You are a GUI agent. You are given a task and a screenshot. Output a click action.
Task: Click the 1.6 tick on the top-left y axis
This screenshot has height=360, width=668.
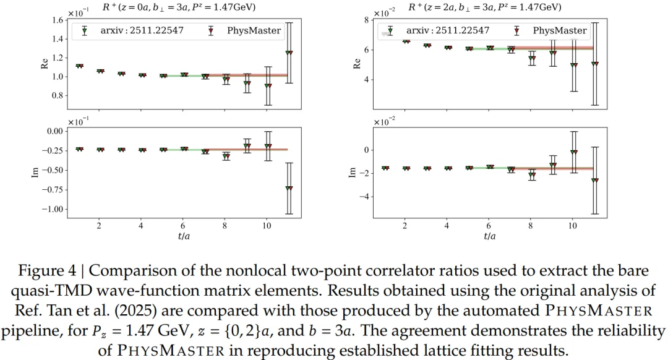(x=57, y=20)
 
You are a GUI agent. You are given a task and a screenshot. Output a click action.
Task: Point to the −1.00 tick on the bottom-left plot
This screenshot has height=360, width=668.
(x=53, y=209)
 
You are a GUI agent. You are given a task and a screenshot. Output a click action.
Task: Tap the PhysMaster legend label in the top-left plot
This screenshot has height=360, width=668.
(x=260, y=30)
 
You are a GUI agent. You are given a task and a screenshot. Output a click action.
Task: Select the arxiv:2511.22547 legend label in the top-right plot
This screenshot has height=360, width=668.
(x=448, y=30)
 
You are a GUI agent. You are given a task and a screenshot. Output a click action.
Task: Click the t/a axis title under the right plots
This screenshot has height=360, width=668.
(x=490, y=236)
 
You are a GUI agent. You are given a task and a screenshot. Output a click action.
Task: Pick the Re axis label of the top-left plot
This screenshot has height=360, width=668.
(x=45, y=62)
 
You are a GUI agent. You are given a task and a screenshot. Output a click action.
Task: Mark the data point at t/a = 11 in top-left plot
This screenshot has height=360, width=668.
(x=289, y=53)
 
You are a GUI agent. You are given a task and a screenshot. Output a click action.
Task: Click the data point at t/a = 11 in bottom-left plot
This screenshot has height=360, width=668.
(x=289, y=187)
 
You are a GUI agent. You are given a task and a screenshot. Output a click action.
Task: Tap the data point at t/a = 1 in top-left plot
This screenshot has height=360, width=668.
(x=79, y=66)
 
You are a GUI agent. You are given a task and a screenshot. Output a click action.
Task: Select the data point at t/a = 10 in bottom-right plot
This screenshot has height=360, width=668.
(x=574, y=152)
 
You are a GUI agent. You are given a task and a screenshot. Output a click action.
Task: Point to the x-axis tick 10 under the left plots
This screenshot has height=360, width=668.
(x=267, y=226)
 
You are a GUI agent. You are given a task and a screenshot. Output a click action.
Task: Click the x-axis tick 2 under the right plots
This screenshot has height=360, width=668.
(x=405, y=226)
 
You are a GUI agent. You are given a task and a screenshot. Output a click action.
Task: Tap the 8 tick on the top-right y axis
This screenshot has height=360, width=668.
(x=366, y=20)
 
